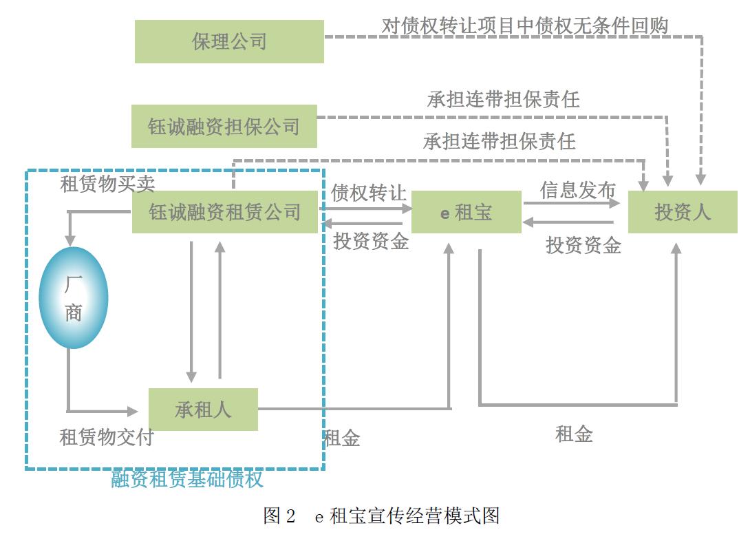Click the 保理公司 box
pyautogui.click(x=229, y=41)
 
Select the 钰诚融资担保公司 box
pyautogui.click(x=224, y=127)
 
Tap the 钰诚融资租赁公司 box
pyautogui.click(x=225, y=212)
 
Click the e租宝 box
pyautogui.click(x=466, y=212)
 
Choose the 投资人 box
pyautogui.click(x=682, y=212)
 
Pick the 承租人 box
pyautogui.click(x=203, y=410)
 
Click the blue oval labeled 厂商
pyautogui.click(x=73, y=297)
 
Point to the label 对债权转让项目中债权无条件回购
pyautogui.click(x=525, y=25)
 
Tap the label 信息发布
pyautogui.click(x=577, y=191)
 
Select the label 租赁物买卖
pyautogui.click(x=107, y=183)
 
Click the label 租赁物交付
pyautogui.click(x=107, y=437)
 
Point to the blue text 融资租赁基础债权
pyautogui.click(x=187, y=479)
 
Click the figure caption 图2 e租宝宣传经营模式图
pyautogui.click(x=381, y=516)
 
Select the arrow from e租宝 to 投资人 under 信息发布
pyautogui.click(x=571, y=203)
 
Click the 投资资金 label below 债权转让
pyautogui.click(x=371, y=241)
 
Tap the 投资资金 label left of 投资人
pyautogui.click(x=583, y=244)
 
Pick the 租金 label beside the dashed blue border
pyautogui.click(x=342, y=438)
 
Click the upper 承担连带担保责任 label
pyautogui.click(x=503, y=100)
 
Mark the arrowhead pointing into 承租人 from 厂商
pyautogui.click(x=133, y=411)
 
